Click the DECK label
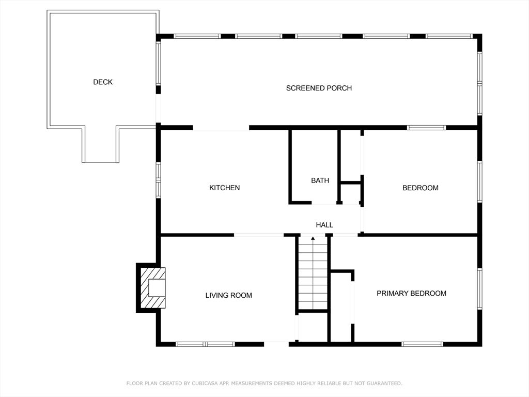tap(103, 82)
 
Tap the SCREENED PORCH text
tap(319, 88)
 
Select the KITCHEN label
tap(224, 188)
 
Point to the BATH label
tap(320, 180)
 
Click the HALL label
tap(324, 225)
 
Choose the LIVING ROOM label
tap(229, 295)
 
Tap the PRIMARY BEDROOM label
tap(411, 294)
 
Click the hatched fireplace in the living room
tap(152, 288)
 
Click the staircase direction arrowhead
tap(313, 238)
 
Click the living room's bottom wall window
tap(205, 344)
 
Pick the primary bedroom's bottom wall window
tap(422, 344)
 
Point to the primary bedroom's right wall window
tap(479, 288)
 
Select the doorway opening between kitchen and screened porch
tap(221, 128)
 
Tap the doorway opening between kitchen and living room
tap(259, 235)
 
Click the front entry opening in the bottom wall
tap(276, 344)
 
